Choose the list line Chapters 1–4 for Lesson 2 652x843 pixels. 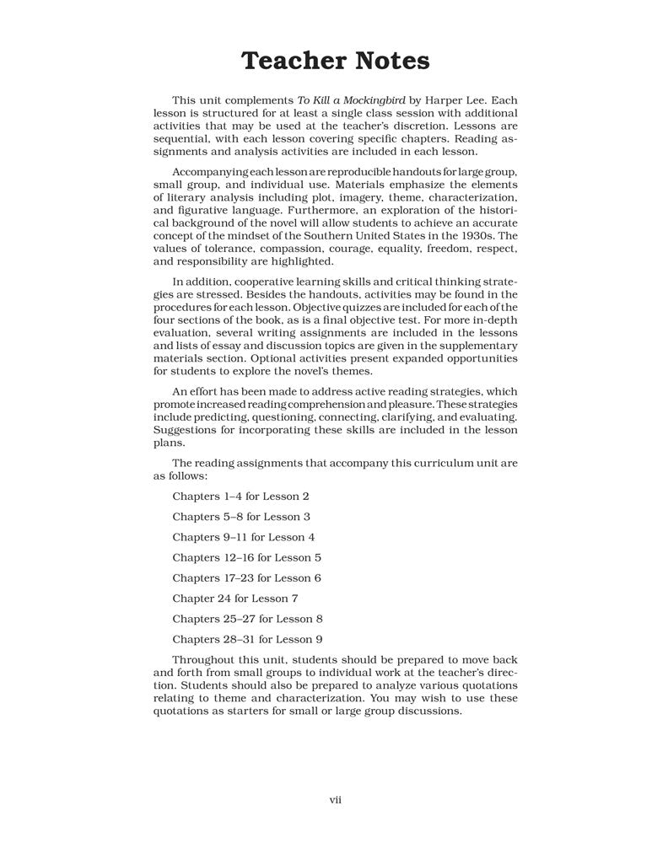[x=240, y=497]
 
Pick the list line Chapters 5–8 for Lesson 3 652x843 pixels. [x=241, y=517]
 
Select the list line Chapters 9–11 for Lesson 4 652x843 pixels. [x=244, y=537]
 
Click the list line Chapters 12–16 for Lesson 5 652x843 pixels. [x=247, y=557]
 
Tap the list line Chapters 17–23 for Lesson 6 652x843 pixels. [x=247, y=578]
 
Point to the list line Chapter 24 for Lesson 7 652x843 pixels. [x=235, y=599]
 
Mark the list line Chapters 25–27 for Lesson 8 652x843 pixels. [x=247, y=619]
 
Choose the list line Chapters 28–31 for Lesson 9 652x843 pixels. [x=247, y=639]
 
